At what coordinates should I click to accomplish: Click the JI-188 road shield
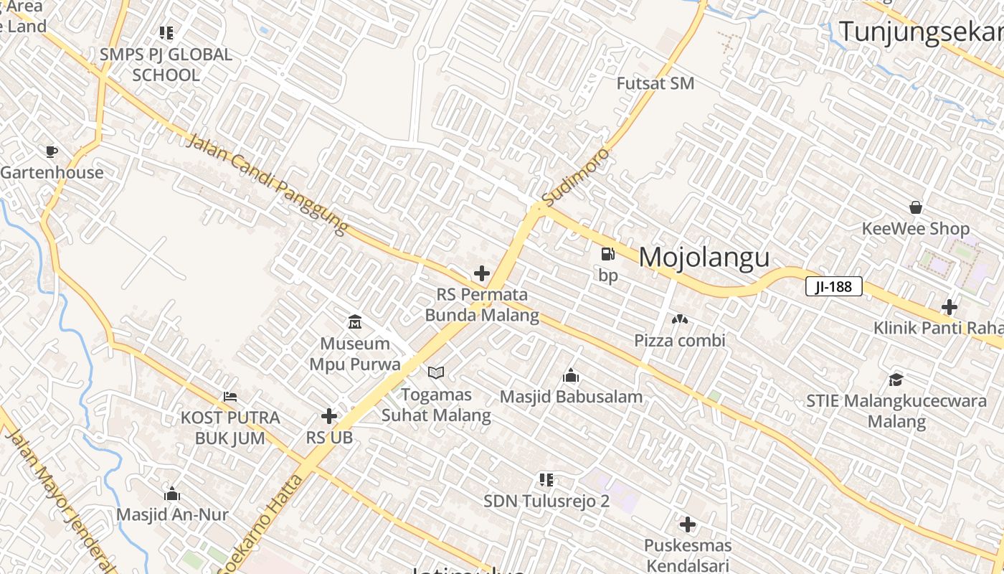tap(833, 287)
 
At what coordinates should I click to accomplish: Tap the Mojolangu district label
tap(704, 258)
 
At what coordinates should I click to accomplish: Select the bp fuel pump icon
tap(607, 254)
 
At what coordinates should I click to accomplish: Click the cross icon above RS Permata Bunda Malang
tap(482, 273)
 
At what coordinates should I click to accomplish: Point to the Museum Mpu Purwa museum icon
tap(354, 321)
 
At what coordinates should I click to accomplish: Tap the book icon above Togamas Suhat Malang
tap(436, 372)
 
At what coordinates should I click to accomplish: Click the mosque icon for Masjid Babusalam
tap(571, 375)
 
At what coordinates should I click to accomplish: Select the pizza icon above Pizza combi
tap(679, 319)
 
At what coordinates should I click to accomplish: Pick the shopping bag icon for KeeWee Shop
tap(916, 207)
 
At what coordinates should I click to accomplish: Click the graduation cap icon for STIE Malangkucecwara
tap(896, 379)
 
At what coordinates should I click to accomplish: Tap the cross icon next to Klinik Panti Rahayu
tap(949, 307)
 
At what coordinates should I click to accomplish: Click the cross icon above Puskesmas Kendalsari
tap(687, 524)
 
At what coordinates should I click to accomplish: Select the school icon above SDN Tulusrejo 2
tap(546, 479)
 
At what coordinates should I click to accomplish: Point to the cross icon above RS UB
tap(329, 416)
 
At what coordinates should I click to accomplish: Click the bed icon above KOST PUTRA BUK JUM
tap(230, 396)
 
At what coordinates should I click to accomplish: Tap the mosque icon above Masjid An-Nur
tap(172, 494)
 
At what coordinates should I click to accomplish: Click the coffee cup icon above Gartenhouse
tap(51, 151)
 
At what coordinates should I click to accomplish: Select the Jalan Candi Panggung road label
tap(268, 184)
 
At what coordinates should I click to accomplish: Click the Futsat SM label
tap(655, 83)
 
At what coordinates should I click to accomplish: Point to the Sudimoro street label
tap(576, 176)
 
